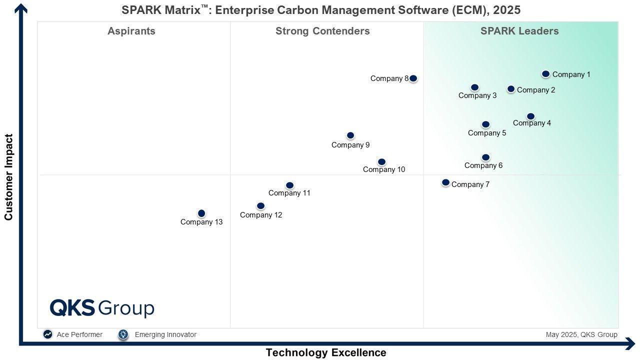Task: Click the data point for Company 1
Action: click(546, 74)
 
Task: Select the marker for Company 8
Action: click(413, 78)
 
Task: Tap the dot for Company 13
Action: click(201, 213)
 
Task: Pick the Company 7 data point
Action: click(445, 182)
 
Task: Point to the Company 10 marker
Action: click(381, 162)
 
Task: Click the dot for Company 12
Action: click(260, 206)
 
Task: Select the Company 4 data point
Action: click(530, 116)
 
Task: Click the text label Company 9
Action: click(350, 145)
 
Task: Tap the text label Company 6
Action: click(483, 165)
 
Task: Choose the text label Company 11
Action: click(289, 193)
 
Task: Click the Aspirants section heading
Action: click(131, 31)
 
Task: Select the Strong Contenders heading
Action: click(322, 31)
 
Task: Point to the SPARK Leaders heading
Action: click(519, 31)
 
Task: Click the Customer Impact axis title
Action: click(8, 177)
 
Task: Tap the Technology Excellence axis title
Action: click(326, 352)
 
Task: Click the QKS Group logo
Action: click(102, 308)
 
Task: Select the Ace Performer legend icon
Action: click(48, 334)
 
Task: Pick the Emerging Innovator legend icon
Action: click(123, 334)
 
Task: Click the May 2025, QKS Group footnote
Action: click(581, 334)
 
